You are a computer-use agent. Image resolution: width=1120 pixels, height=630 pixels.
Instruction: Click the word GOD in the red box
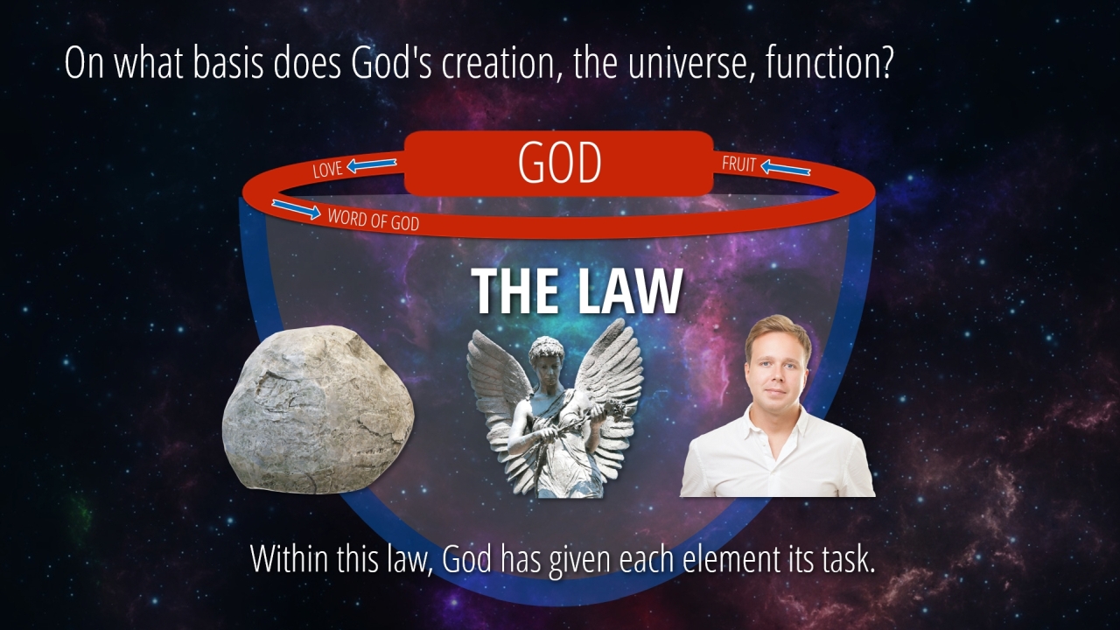(559, 163)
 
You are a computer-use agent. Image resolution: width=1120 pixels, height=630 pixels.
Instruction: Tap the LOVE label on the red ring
(327, 170)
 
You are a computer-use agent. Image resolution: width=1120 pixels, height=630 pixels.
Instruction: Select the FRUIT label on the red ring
(738, 164)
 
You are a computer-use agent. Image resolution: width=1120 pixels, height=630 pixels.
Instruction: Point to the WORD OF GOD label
(374, 220)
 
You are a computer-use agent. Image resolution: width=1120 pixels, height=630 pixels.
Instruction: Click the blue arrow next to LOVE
(372, 164)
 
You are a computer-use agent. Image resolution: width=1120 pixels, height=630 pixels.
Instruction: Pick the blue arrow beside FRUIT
(785, 168)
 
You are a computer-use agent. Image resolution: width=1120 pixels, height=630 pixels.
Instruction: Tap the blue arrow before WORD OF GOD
(296, 209)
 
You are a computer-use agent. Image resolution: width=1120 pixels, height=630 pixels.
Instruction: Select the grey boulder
(318, 409)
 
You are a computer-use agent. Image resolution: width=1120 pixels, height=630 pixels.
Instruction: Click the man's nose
(774, 377)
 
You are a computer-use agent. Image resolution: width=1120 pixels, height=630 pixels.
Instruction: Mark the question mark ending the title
(885, 63)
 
